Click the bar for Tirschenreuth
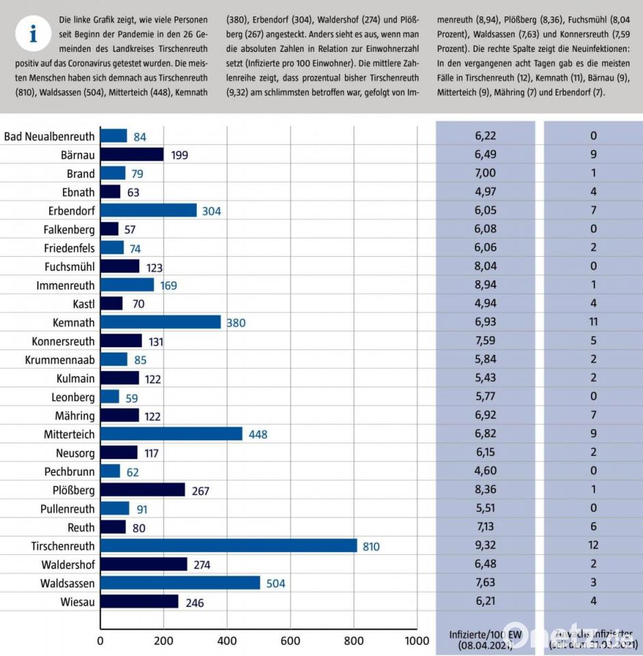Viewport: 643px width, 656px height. tap(228, 545)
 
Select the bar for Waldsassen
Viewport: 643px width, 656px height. tap(180, 583)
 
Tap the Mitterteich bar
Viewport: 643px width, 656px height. tap(171, 434)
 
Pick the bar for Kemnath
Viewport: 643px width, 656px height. tap(161, 322)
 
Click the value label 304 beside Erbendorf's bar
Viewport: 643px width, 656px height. tap(211, 211)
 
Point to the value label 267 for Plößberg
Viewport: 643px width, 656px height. tap(200, 491)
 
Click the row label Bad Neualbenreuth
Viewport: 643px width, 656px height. tap(49, 137)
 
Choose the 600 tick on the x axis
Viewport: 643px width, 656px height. tap(290, 641)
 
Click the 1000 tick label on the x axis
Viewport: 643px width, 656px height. tap(416, 641)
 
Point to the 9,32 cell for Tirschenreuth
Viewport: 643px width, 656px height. tap(485, 545)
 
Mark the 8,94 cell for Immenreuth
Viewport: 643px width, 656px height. tap(485, 285)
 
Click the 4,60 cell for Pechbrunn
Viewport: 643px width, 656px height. tap(485, 471)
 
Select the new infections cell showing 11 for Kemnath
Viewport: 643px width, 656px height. tap(593, 322)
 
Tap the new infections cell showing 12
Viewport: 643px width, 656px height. tap(593, 545)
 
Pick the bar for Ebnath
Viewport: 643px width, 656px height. tap(110, 192)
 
